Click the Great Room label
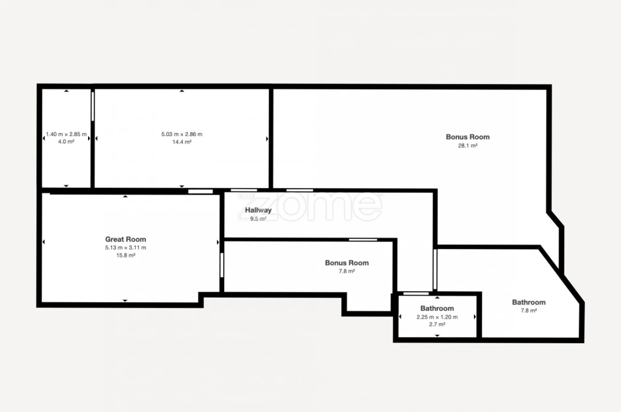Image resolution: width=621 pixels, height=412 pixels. coord(125,239)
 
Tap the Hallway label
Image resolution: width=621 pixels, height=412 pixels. coord(258,210)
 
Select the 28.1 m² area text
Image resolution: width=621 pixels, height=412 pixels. coord(468,146)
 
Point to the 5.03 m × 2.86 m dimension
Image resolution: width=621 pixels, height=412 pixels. coord(182,134)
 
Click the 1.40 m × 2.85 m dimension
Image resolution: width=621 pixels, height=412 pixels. coord(66,134)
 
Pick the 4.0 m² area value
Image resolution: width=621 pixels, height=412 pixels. coord(66,142)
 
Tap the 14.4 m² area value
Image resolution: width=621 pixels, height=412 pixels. coord(182,142)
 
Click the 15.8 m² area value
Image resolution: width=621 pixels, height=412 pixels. coord(125,255)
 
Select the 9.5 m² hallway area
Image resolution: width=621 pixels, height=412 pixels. coord(258,219)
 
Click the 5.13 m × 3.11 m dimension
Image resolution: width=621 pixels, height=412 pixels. coord(125,248)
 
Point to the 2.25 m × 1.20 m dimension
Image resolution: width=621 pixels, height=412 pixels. coord(437,317)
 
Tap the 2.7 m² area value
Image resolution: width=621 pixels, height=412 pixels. coord(437,324)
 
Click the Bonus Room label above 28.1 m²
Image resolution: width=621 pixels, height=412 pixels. coord(468,137)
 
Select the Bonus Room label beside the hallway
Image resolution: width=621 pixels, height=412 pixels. coord(347,263)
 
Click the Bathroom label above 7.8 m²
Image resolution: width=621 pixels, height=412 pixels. coord(529,302)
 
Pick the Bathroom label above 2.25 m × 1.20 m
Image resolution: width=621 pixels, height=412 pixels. coord(437,308)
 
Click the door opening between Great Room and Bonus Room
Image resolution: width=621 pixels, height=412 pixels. coord(222,265)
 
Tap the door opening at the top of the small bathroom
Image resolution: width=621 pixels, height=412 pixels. coord(416,294)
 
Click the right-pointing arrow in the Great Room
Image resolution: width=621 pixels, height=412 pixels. coord(218,242)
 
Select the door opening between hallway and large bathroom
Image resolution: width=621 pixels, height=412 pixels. coord(435,269)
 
